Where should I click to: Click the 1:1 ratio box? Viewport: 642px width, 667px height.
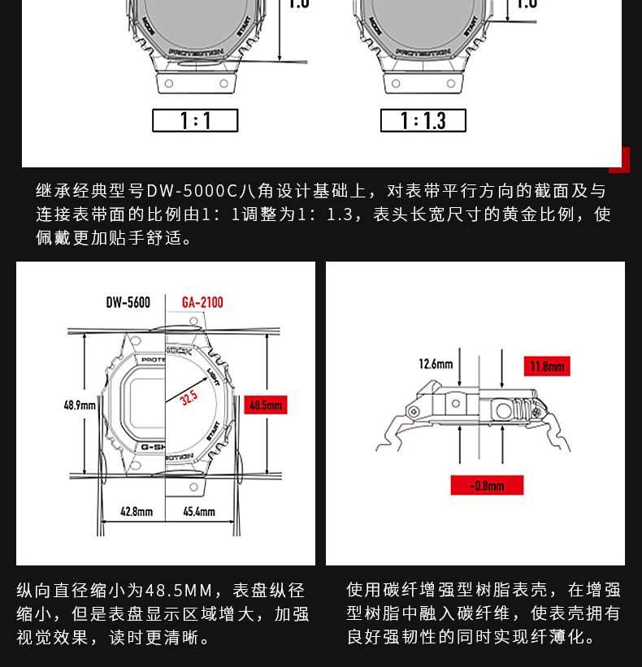point(195,121)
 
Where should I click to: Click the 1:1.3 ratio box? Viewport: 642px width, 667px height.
point(423,121)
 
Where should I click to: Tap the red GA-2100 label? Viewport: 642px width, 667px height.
point(202,303)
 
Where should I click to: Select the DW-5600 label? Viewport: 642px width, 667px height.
point(128,303)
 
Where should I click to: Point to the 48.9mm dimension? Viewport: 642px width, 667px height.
point(80,405)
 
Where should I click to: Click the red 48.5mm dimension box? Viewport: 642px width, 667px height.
point(266,405)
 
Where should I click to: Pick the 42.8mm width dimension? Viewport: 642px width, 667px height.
point(137,512)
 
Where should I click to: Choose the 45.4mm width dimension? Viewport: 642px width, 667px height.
point(199,512)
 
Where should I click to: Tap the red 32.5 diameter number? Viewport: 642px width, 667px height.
point(189,398)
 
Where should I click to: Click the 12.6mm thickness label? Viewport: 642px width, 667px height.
point(436,364)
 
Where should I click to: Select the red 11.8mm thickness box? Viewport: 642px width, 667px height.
point(547,366)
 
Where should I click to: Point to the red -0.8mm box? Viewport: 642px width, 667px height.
point(487,486)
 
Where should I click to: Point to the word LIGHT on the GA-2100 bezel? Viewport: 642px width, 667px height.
point(214,376)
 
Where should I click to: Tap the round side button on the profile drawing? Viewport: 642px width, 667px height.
point(505,411)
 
